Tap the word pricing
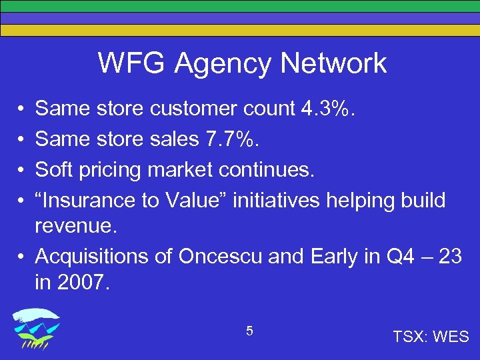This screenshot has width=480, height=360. point(109,169)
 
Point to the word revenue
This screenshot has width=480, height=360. point(75,226)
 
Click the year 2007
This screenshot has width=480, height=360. point(82,283)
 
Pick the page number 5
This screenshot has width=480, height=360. point(249,331)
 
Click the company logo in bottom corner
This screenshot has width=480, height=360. point(37,328)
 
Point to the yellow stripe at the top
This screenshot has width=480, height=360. point(240,30)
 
